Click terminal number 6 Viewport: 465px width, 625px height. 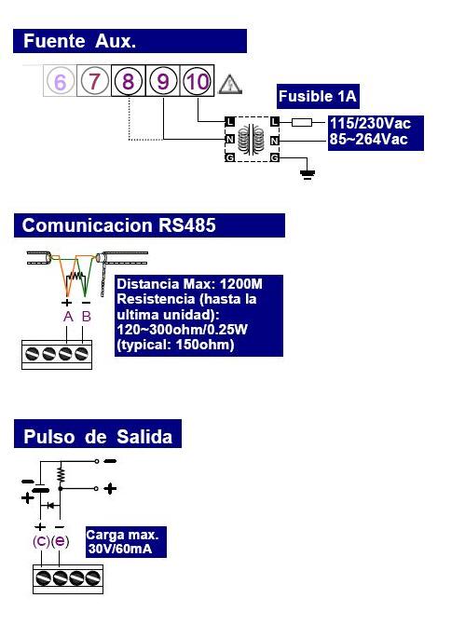click(60, 81)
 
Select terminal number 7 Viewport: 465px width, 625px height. click(94, 81)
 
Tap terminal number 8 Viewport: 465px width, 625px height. click(128, 81)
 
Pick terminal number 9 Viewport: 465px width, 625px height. click(163, 81)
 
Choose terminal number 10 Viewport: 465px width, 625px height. click(197, 81)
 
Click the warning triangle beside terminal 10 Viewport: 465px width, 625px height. click(230, 85)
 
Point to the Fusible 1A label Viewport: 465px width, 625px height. click(318, 96)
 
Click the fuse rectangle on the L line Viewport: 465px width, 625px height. click(302, 122)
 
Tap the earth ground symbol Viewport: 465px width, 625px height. click(308, 174)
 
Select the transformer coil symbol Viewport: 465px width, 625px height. click(252, 139)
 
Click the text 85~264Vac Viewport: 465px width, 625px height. click(368, 140)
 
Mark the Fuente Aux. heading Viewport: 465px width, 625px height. click(80, 41)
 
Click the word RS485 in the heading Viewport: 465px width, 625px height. click(187, 225)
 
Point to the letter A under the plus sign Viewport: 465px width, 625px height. click(68, 317)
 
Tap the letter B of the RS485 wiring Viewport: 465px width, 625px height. click(86, 317)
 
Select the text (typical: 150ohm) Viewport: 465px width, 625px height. click(175, 345)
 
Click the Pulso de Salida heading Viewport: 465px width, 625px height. click(98, 437)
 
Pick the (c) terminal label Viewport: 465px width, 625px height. click(41, 541)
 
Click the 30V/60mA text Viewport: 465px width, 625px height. click(120, 549)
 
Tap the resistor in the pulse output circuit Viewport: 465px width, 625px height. click(61, 475)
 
